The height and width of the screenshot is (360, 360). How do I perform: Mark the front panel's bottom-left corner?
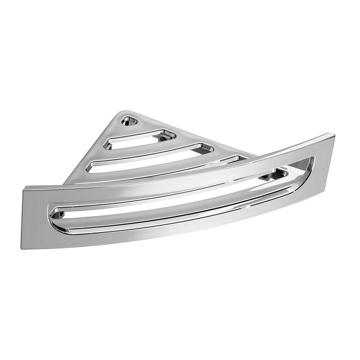pyautogui.click(x=23, y=248)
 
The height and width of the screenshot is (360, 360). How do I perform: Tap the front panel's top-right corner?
pyautogui.click(x=334, y=135)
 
